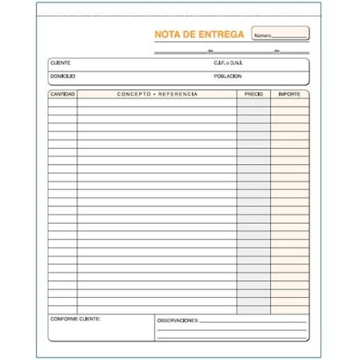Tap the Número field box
280,34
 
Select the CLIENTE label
60,62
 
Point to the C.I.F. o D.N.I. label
228,62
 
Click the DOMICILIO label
62,76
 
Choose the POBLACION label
228,76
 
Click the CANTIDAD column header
62,94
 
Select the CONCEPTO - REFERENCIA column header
157,94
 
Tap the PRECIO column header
253,94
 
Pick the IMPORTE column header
289,94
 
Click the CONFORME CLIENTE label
75,319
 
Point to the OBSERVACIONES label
177,319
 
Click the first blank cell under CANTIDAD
62,103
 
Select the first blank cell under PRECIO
253,103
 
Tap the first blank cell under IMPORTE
289,103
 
